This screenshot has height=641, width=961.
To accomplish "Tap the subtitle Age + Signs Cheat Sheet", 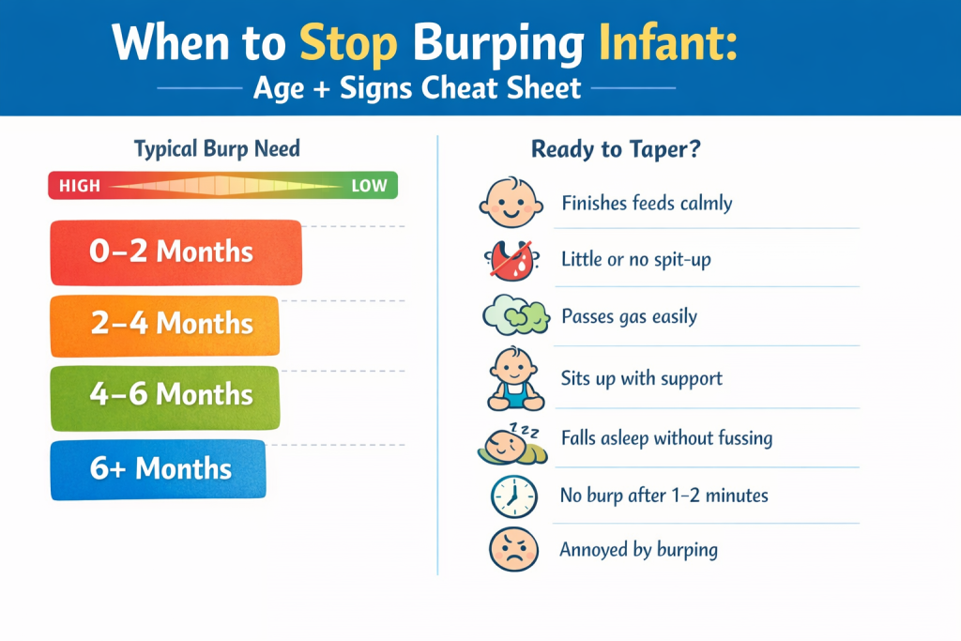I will pyautogui.click(x=417, y=88).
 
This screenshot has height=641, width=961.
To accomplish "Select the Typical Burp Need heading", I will pyautogui.click(x=217, y=148).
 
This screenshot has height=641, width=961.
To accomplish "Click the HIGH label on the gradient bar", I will pyautogui.click(x=79, y=186).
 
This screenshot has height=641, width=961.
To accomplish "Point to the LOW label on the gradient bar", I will pyautogui.click(x=368, y=186).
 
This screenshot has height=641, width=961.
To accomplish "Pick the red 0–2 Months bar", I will pyautogui.click(x=175, y=252).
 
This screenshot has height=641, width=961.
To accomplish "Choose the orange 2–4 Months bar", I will pyautogui.click(x=164, y=324).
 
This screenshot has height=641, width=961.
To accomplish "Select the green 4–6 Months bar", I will pyautogui.click(x=164, y=394).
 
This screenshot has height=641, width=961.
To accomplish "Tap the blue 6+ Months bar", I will pyautogui.click(x=158, y=467).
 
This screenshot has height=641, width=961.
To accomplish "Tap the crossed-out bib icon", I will pyautogui.click(x=510, y=260).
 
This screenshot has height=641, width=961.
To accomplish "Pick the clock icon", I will pyautogui.click(x=513, y=496).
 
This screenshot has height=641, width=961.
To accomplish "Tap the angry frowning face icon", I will pyautogui.click(x=513, y=549).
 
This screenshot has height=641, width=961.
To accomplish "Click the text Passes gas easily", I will pyautogui.click(x=629, y=316).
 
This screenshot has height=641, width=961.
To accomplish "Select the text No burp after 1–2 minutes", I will pyautogui.click(x=664, y=495).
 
